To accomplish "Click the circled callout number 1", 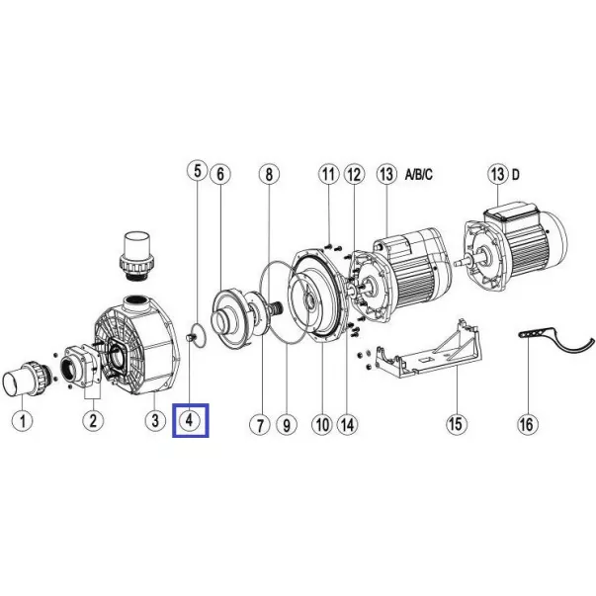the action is [23, 421].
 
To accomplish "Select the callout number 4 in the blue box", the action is [190, 420].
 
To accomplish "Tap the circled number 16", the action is [528, 424].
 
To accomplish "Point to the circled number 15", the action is [456, 423].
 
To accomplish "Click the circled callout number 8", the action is [269, 174].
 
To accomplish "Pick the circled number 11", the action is [329, 174].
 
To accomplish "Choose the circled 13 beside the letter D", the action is [498, 174].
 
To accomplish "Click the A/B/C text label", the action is [418, 175].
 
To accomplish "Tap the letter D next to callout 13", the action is [515, 175].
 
